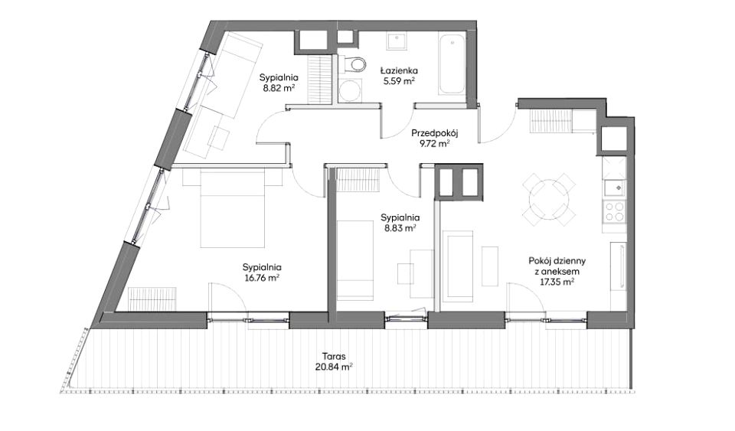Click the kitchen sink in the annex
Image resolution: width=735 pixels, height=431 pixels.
tap(615, 188)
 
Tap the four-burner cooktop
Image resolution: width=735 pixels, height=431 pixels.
tap(615, 211)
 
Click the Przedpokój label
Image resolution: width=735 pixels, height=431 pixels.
tap(435, 133)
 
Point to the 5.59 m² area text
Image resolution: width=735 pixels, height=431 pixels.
tap(398, 80)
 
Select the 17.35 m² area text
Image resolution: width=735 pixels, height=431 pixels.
tap(557, 282)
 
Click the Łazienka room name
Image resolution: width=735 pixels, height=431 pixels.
tap(398, 70)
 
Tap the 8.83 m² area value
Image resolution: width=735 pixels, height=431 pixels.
tap(400, 227)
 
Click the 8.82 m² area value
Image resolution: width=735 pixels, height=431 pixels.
tap(279, 87)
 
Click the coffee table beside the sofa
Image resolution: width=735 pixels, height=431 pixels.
tap(490, 266)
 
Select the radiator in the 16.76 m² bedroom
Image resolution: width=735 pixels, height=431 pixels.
tap(152, 298)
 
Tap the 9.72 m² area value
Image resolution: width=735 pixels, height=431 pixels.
tap(435, 143)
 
